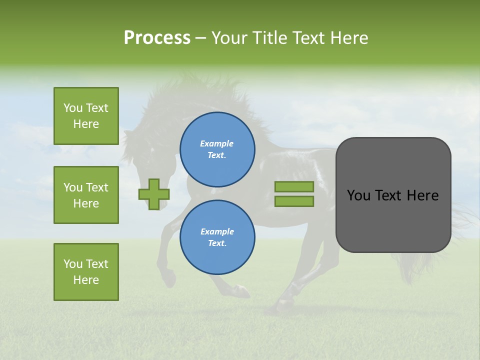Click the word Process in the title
pyautogui.click(x=157, y=38)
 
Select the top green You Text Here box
pyautogui.click(x=86, y=116)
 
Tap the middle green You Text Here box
pyautogui.click(x=86, y=195)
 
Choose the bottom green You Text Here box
pyautogui.click(x=86, y=272)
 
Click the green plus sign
pyautogui.click(x=154, y=194)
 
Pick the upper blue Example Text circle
pyautogui.click(x=217, y=149)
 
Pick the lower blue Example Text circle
pyautogui.click(x=217, y=237)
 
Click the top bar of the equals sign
pyautogui.click(x=294, y=186)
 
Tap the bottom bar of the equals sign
pyautogui.click(x=294, y=201)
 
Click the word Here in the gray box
pyautogui.click(x=422, y=195)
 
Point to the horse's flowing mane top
pyautogui.click(x=200, y=87)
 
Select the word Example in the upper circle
pyautogui.click(x=217, y=143)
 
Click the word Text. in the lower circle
pyautogui.click(x=217, y=243)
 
